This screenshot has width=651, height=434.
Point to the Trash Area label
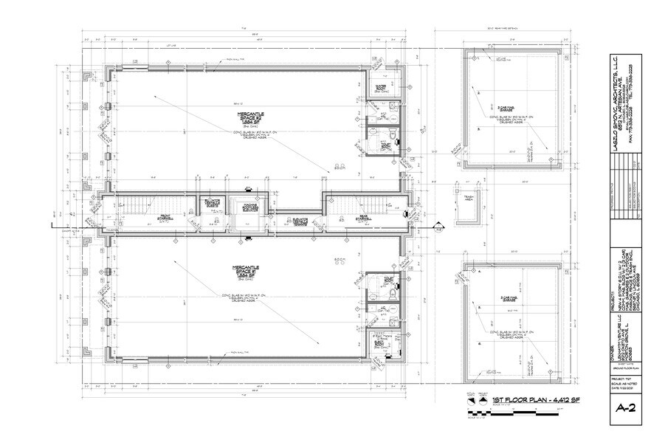click(468, 199)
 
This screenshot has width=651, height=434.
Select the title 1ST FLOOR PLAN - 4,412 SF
click(537, 400)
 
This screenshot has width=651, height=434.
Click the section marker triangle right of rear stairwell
click(437, 230)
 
